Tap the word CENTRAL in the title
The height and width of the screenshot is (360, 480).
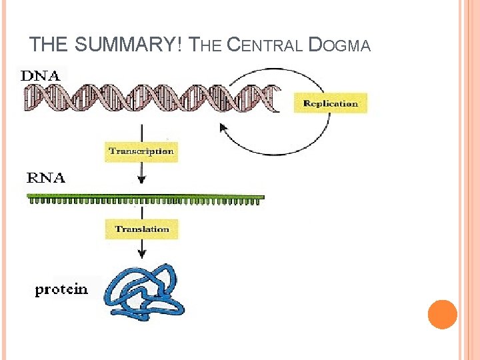tap(265, 45)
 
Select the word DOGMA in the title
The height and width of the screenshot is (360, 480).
tap(341, 45)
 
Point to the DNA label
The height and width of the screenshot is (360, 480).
tap(41, 75)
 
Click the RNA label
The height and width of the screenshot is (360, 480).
tap(46, 178)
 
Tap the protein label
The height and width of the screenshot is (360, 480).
tap(61, 289)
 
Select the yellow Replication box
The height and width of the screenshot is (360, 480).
tap(331, 103)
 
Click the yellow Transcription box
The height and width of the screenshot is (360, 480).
tap(141, 151)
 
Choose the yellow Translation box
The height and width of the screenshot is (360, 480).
tap(142, 229)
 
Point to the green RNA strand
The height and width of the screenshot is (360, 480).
tap(145, 198)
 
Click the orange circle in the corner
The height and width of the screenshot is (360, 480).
tap(442, 314)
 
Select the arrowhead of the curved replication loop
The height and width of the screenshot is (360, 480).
tap(223, 127)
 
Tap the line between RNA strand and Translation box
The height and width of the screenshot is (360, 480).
tap(141, 211)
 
